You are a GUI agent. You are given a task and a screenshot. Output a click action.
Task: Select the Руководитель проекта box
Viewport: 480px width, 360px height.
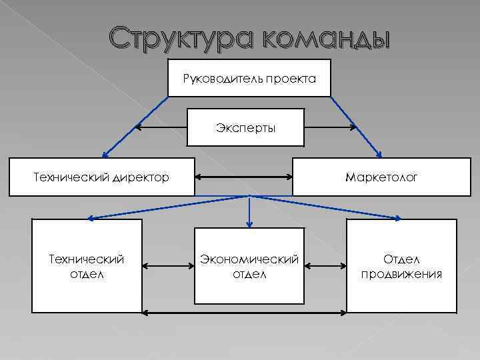(x=249, y=79)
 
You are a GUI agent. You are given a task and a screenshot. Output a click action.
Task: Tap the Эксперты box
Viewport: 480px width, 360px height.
(x=245, y=127)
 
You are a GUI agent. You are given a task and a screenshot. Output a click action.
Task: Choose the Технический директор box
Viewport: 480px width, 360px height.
(x=101, y=177)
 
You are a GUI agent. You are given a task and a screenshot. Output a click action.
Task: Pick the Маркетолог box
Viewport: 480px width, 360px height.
(x=381, y=177)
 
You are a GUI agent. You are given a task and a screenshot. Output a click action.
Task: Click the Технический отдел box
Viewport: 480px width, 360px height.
(x=87, y=266)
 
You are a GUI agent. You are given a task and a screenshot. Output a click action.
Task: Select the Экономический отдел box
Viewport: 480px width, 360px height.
(x=250, y=266)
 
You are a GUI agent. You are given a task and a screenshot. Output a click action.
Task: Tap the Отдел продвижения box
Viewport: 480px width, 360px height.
(x=401, y=266)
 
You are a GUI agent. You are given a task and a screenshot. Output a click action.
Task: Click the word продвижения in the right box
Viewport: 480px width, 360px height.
(x=401, y=274)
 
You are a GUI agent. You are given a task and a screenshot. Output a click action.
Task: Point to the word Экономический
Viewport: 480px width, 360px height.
(x=250, y=258)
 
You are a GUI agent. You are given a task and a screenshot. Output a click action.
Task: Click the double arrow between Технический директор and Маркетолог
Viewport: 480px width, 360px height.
(x=244, y=177)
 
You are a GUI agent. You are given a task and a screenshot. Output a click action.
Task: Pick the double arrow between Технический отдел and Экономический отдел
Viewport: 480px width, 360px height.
(x=168, y=266)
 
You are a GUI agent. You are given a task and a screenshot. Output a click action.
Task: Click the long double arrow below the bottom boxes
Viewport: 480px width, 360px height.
(x=245, y=311)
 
